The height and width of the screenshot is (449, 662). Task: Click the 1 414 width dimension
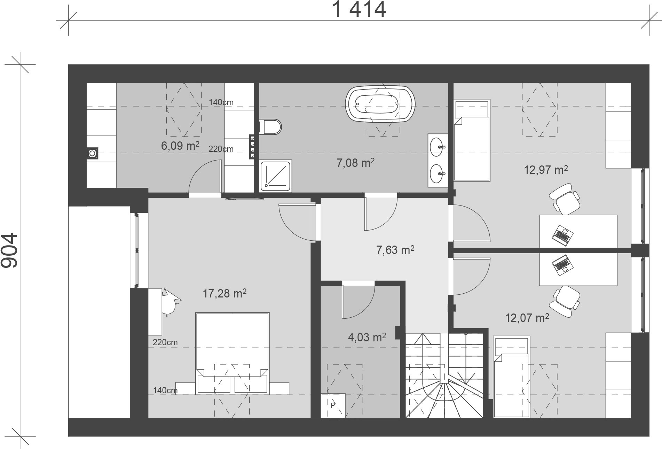point(359,9)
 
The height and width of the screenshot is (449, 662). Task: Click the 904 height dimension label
point(9,250)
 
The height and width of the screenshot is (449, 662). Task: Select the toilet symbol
point(270,127)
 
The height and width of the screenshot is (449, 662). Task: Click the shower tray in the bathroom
point(276,176)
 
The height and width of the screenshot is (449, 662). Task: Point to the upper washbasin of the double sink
point(437,147)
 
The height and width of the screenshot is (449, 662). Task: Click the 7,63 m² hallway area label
point(395,250)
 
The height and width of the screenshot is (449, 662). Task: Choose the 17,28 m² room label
point(224,293)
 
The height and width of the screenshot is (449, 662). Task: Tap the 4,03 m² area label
point(367,337)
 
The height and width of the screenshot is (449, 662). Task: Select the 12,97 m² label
point(546,170)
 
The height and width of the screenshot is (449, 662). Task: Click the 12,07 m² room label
point(527,318)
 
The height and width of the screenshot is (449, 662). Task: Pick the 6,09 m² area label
point(180,146)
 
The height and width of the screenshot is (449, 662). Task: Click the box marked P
point(333,405)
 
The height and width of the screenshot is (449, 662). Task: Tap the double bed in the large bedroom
point(232,352)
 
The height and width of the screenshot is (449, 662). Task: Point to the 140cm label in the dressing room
point(221,102)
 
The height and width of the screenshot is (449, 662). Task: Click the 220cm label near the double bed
point(165,342)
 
